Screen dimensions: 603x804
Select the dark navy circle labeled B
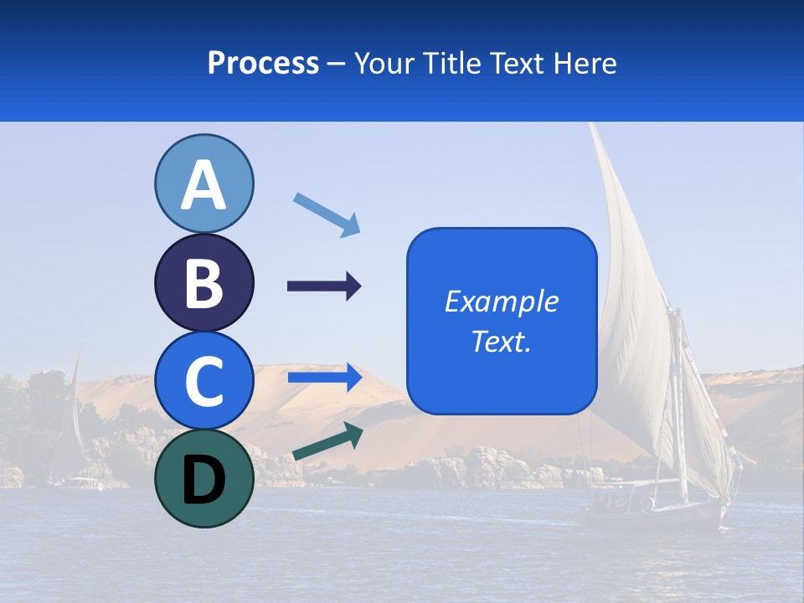(204, 282)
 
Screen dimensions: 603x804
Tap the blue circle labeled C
(204, 380)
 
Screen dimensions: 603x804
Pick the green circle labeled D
(204, 478)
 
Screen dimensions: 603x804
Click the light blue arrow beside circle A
(327, 214)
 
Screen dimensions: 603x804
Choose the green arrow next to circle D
(327, 442)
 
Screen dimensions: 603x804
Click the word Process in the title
(263, 63)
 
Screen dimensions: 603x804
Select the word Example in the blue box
(502, 301)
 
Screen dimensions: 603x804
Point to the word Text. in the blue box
(502, 341)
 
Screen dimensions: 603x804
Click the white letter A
(204, 185)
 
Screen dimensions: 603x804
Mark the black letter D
(204, 480)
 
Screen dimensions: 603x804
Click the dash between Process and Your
(337, 64)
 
